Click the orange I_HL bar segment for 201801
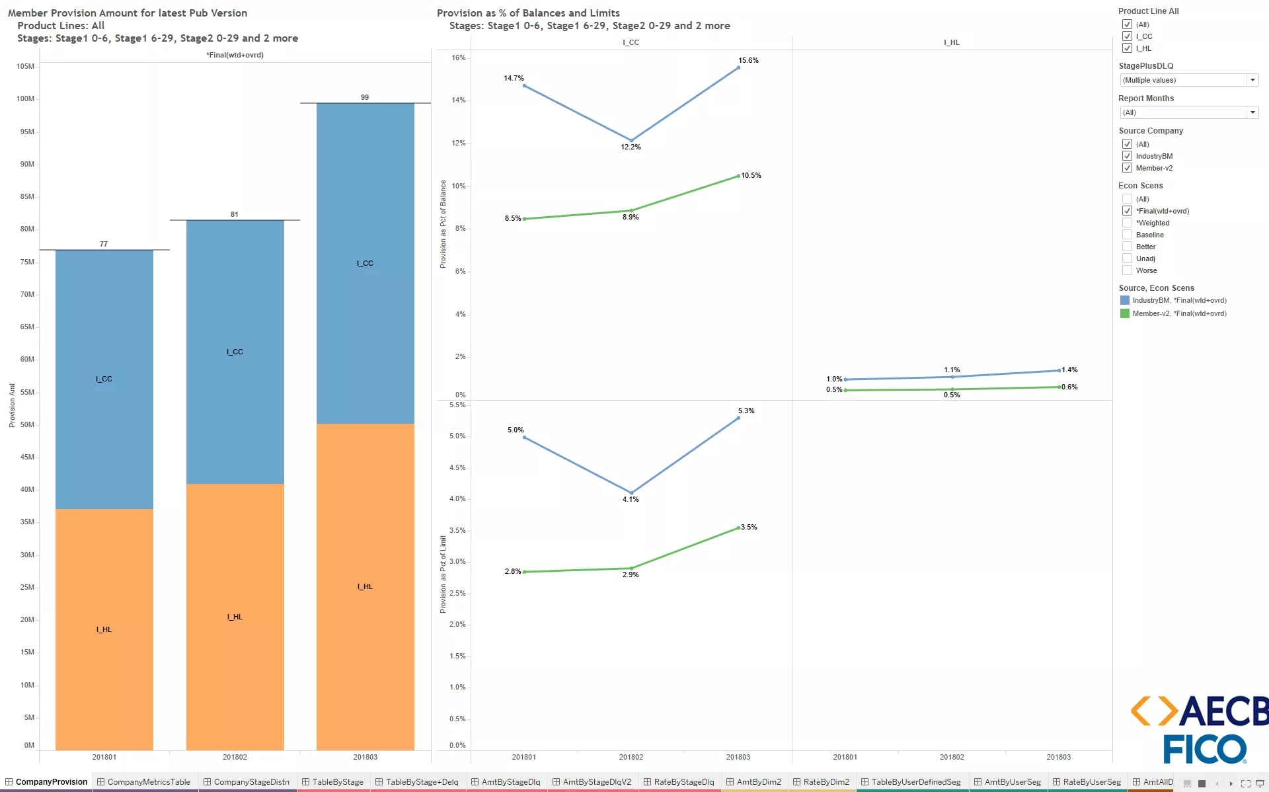(104, 629)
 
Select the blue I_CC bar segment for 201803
(365, 263)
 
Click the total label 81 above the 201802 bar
(235, 214)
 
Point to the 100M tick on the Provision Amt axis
(25, 99)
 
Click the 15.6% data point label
(748, 60)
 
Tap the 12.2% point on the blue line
(631, 140)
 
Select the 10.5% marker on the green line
(738, 176)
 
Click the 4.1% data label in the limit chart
(631, 499)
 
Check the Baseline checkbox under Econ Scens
(1127, 235)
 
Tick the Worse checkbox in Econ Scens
(1127, 270)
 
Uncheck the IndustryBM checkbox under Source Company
(1127, 156)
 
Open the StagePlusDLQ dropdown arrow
(1252, 80)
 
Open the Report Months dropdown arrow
(1252, 112)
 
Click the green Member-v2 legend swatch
(1124, 313)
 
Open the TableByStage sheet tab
(337, 781)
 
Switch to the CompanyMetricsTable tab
(148, 781)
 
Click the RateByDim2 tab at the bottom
(826, 781)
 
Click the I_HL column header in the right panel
(952, 42)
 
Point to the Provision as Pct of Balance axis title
(443, 224)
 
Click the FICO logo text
(1204, 750)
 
